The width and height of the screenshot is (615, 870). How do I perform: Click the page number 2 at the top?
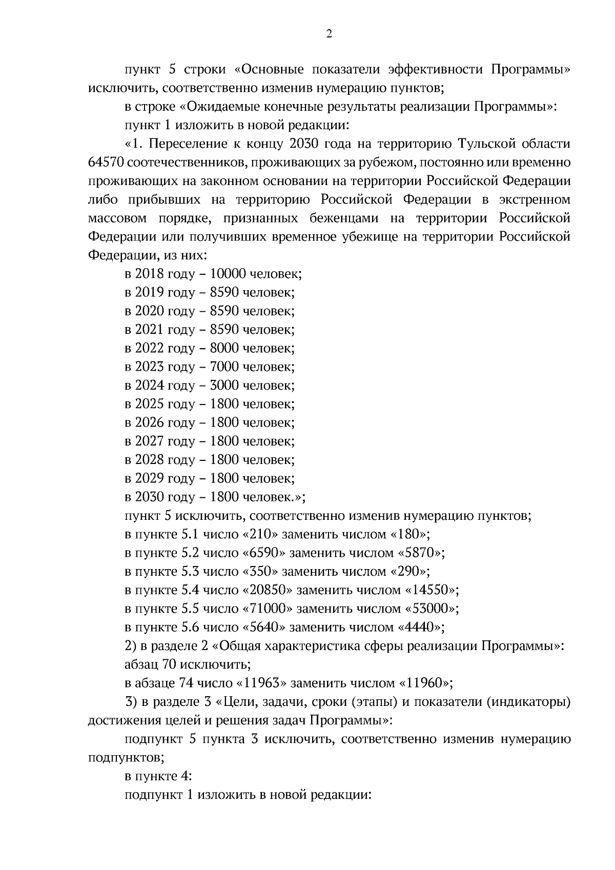pyautogui.click(x=329, y=34)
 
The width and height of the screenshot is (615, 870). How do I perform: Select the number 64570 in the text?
pyautogui.click(x=105, y=163)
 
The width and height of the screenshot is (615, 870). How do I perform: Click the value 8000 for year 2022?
pyautogui.click(x=224, y=349)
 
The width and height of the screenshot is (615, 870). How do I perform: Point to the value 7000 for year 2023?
pyautogui.click(x=224, y=367)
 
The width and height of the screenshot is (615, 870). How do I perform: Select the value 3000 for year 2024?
pyautogui.click(x=224, y=386)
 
